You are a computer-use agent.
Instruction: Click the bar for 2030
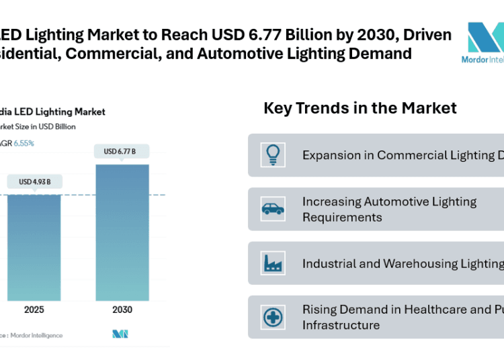(122, 232)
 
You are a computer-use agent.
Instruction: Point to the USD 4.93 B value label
(34, 181)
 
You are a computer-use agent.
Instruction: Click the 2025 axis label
(34, 310)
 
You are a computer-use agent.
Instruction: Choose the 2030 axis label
(122, 310)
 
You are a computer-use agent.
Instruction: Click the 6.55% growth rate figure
(25, 143)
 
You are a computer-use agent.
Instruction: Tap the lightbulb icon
(274, 154)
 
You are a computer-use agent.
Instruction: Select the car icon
(274, 209)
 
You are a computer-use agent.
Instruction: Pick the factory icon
(274, 263)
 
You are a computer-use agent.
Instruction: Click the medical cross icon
(274, 317)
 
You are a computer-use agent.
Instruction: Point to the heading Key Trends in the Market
(360, 108)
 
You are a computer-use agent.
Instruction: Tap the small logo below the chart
(120, 334)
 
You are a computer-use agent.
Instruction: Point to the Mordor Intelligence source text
(41, 334)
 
